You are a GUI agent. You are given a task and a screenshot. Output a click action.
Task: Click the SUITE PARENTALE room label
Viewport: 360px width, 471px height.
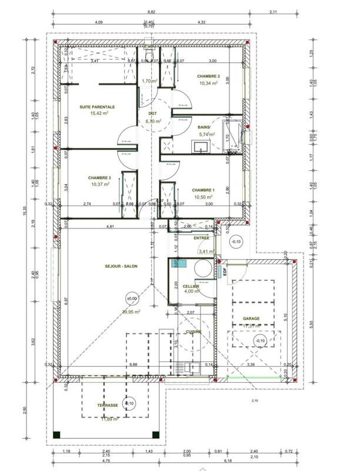pos(98,107)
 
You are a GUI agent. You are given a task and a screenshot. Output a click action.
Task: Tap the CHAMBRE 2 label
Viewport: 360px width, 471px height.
pos(208,77)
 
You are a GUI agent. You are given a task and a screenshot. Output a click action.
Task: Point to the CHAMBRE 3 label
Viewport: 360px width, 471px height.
pos(99,178)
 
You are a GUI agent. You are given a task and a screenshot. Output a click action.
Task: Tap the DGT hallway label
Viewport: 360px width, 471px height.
pos(152,114)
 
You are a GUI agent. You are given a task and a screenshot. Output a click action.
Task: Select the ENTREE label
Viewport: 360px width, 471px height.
pos(202,238)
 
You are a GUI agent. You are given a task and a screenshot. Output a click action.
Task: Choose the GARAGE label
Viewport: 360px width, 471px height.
pos(251,319)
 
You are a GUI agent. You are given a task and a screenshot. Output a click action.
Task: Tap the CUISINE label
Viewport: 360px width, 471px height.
pos(194,332)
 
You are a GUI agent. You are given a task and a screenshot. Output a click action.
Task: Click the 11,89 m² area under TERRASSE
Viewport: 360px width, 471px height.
pos(109,419)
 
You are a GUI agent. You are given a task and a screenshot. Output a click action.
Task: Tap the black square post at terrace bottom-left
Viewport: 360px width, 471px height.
pos(56,434)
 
